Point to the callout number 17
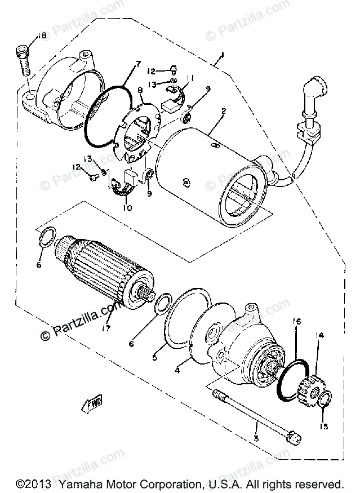tap(106, 328)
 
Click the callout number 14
tap(319, 336)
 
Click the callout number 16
tap(296, 321)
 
